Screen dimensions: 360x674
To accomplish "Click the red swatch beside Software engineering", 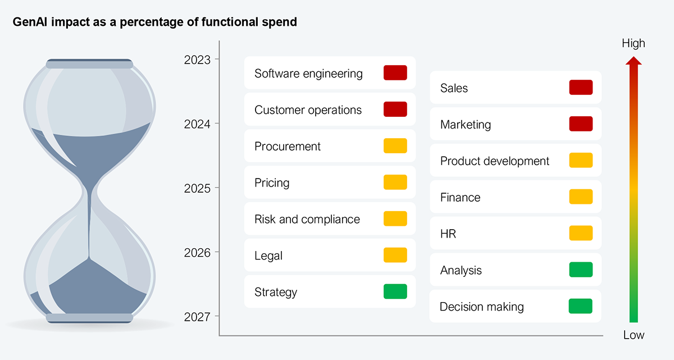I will pyautogui.click(x=395, y=73).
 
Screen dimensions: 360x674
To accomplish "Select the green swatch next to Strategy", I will pyautogui.click(x=395, y=292).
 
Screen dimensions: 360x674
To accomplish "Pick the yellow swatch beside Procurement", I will pyautogui.click(x=395, y=146).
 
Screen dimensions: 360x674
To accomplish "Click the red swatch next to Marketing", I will pyautogui.click(x=581, y=124).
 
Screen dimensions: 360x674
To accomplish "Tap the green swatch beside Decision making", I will pyautogui.click(x=581, y=307).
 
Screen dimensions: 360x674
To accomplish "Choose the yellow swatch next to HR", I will pyautogui.click(x=581, y=234).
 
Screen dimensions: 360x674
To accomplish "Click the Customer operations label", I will pyautogui.click(x=308, y=110).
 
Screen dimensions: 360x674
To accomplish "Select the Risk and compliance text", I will pyautogui.click(x=307, y=219).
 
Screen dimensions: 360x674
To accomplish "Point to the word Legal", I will pyautogui.click(x=268, y=256).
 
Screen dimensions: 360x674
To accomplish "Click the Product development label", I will pyautogui.click(x=495, y=161).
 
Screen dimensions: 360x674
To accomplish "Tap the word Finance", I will pyautogui.click(x=461, y=198).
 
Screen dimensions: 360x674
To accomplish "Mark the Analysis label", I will pyautogui.click(x=461, y=271).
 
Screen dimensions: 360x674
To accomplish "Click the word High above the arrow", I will pyautogui.click(x=634, y=44).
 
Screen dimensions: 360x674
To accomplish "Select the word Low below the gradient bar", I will pyautogui.click(x=634, y=335).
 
